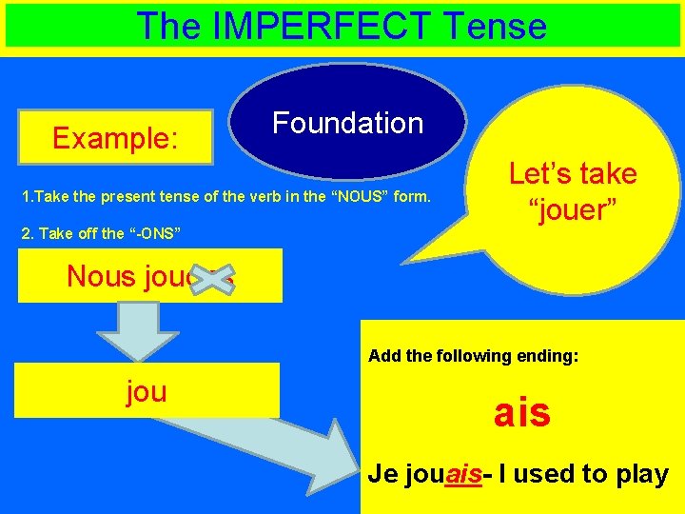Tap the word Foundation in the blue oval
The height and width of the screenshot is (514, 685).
tap(347, 123)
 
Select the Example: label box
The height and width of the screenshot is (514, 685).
tap(116, 139)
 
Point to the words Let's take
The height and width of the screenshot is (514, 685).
tap(573, 174)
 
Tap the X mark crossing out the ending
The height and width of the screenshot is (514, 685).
tap(216, 278)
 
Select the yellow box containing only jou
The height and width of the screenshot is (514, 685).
tap(147, 390)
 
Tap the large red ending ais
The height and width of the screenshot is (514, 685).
tap(521, 413)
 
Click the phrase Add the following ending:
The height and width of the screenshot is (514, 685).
tap(473, 356)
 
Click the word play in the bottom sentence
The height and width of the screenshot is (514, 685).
tap(643, 474)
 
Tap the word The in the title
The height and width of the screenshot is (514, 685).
tap(167, 26)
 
